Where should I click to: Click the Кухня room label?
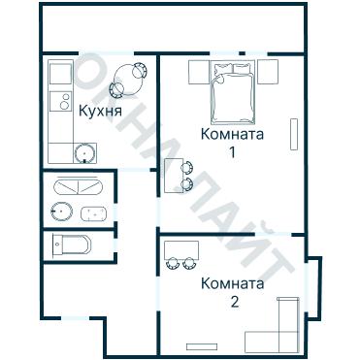click(x=101, y=112)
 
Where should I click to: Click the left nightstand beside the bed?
click(x=197, y=70)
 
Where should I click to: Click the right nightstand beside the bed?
click(x=268, y=70)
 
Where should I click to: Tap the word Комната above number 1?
click(x=232, y=134)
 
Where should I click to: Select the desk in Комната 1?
click(x=172, y=176)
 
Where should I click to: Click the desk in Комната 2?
click(x=181, y=247)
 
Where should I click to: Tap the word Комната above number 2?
click(x=232, y=283)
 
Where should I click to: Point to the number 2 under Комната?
click(x=233, y=301)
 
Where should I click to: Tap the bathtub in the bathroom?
click(x=78, y=186)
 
